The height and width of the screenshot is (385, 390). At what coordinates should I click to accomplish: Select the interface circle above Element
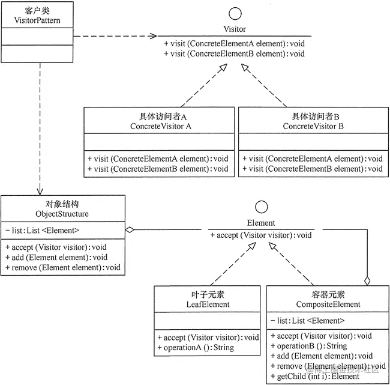(261, 207)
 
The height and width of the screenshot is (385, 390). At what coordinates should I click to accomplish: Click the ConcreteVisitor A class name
(161, 126)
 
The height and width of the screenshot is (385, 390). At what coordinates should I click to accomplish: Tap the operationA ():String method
(196, 347)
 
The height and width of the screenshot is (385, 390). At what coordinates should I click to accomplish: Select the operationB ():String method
(309, 346)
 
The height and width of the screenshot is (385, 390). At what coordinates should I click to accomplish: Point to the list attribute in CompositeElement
(307, 320)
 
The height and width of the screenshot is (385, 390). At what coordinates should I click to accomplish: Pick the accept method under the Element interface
(262, 234)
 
